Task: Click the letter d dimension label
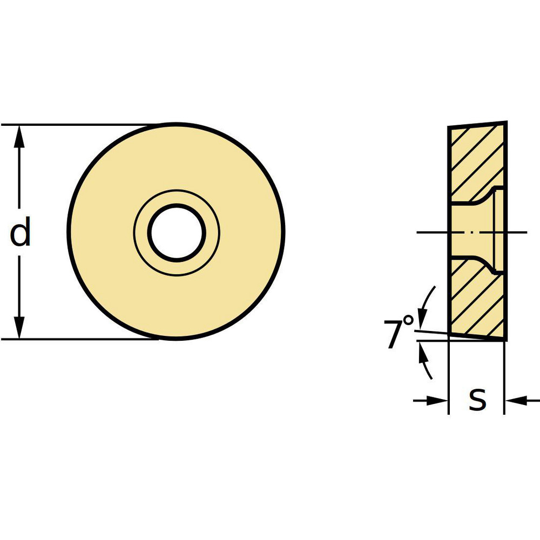point(21,233)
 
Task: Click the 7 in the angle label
point(394,334)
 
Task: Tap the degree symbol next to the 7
point(409,321)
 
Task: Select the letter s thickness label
point(477,400)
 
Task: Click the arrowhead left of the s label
point(438,400)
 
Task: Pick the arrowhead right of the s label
point(515,400)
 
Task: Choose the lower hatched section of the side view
point(475,302)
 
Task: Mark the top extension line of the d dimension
point(81,125)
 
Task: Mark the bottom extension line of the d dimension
point(81,340)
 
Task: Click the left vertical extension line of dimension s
point(449,378)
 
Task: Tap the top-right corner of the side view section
point(507,123)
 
